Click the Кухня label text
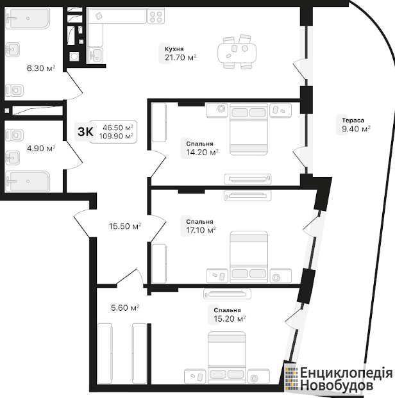coord(174,49)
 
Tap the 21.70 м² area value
coord(180,58)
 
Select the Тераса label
coord(353,120)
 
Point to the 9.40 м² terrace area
coord(356,129)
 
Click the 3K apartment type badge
coord(85,132)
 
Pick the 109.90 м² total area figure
coord(116,137)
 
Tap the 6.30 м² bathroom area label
coord(41,69)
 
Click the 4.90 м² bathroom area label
coord(41,148)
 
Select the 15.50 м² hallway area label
coord(125,226)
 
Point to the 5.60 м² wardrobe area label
coord(125,308)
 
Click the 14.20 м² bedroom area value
coord(202,153)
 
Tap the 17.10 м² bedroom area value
coord(201,230)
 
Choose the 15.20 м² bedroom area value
coord(230,319)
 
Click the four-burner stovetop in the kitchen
coord(156,16)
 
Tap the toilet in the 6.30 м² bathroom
coord(15,90)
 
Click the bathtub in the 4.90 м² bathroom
coord(28,181)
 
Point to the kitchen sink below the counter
coord(96,55)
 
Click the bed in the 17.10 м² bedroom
coord(249,256)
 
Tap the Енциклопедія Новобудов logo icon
coord(291,378)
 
